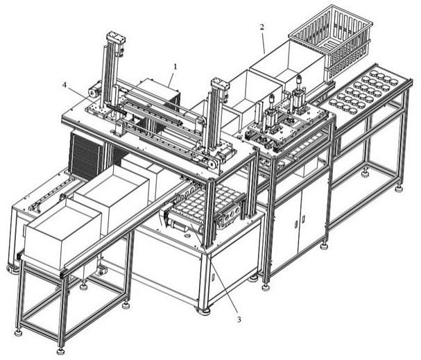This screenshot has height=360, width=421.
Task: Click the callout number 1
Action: [x=175, y=67]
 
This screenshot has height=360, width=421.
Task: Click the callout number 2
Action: [x=262, y=27]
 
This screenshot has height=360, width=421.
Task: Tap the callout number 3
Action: [x=239, y=320]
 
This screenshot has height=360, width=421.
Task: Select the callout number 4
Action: [x=65, y=85]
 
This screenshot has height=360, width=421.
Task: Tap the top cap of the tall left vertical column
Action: [x=116, y=37]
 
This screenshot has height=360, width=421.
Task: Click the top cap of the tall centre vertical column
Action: [x=220, y=83]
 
